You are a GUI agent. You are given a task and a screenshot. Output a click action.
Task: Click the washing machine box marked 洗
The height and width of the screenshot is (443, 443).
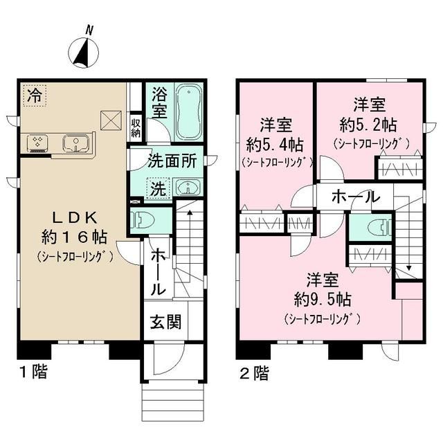click(x=159, y=187)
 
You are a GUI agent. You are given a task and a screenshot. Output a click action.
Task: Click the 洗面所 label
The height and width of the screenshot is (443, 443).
click(x=172, y=161)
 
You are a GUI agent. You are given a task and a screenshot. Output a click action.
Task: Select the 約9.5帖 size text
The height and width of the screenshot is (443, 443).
click(x=323, y=300)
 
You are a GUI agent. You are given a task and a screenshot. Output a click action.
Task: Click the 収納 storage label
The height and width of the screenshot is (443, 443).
click(x=136, y=127)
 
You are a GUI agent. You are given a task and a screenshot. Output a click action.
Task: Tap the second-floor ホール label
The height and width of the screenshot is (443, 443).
click(x=355, y=197)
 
